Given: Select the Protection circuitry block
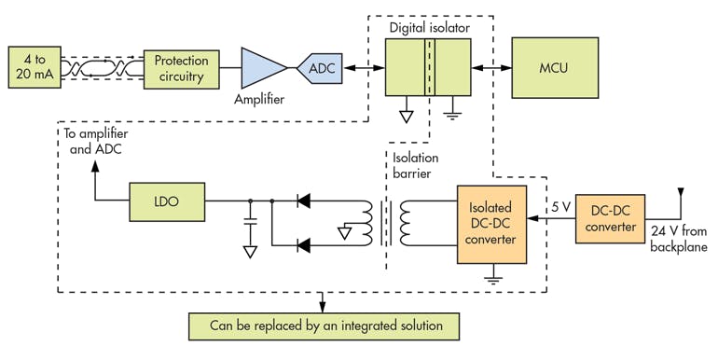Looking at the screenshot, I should click(x=181, y=68).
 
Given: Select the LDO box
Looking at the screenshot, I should click(x=166, y=200).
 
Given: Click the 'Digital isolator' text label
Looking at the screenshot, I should click(x=429, y=28).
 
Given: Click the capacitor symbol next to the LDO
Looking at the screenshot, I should click(x=250, y=222).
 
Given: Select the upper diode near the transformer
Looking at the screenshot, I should click(x=302, y=200).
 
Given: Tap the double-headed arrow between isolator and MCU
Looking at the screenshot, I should click(x=490, y=69).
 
